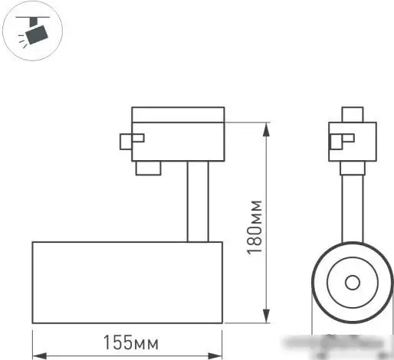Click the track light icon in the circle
pos(33,32)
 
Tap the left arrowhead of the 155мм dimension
pos(36,355)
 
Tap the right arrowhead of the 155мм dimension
pos(219,355)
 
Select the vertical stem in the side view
pos(197,201)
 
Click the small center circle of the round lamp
pos(352,283)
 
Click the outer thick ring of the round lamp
pos(318,283)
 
